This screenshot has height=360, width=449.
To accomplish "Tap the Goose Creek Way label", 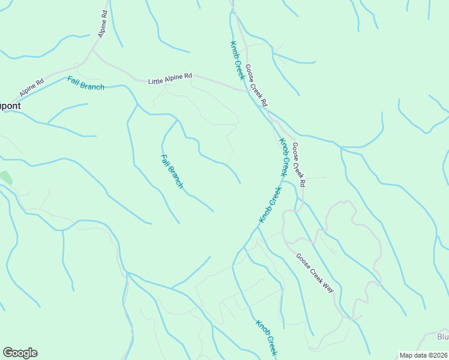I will pos(315,272).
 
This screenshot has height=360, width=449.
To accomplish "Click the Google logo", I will pos(20,353).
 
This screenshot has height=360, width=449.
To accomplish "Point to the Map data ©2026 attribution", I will pos(423,355).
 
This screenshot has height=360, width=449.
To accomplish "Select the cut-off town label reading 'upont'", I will pos(10,106).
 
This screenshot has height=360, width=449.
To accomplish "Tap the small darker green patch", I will pos(5,178).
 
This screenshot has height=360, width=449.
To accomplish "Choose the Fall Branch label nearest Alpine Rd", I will pos(86,83).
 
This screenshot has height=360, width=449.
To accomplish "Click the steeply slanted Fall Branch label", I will pos(172,172).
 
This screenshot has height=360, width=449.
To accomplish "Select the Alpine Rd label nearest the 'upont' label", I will pos(32,88).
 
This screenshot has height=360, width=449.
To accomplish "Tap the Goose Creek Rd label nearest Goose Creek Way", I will pos(299,164).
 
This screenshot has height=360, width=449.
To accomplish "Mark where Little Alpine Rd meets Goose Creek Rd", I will pos(247,91).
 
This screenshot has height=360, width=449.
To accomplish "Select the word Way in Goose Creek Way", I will pos(328,286).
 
